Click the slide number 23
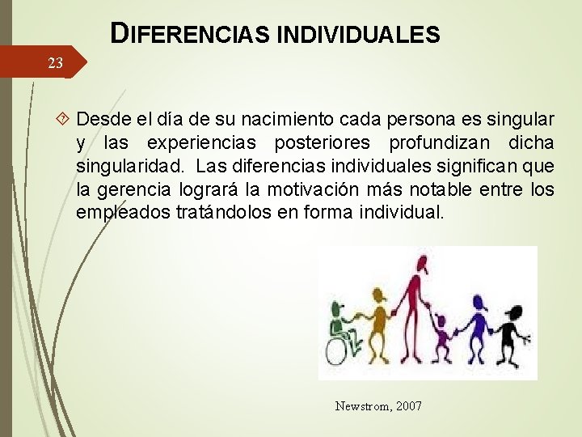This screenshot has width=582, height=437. coord(55,63)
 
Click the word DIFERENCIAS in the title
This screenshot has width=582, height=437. coord(192,35)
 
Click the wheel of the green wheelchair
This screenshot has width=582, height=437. coord(339,350)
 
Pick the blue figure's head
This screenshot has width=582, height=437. coord(476,302)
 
